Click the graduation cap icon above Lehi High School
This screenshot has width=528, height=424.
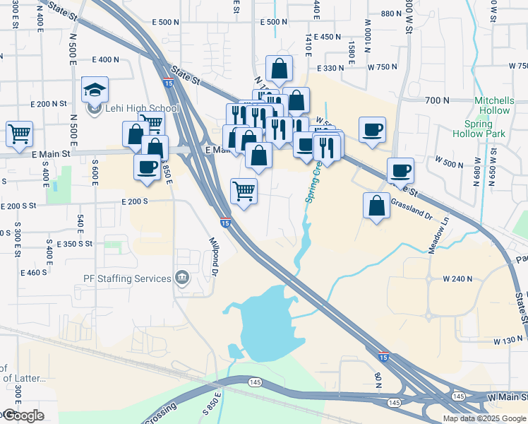pos(95,90)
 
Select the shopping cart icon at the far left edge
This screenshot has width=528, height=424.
pos(19,132)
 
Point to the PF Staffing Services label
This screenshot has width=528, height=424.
pos(128,278)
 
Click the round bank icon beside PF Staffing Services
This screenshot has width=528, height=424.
pos(182,277)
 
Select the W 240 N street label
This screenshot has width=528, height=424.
pos(458,279)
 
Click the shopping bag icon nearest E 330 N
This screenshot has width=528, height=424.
pos(280,69)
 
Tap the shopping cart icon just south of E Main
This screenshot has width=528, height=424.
pos(244,190)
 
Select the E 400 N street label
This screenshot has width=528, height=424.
pos(105,59)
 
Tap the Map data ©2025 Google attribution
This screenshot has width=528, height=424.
pos(484,418)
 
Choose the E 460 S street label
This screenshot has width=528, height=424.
pos(34,272)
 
